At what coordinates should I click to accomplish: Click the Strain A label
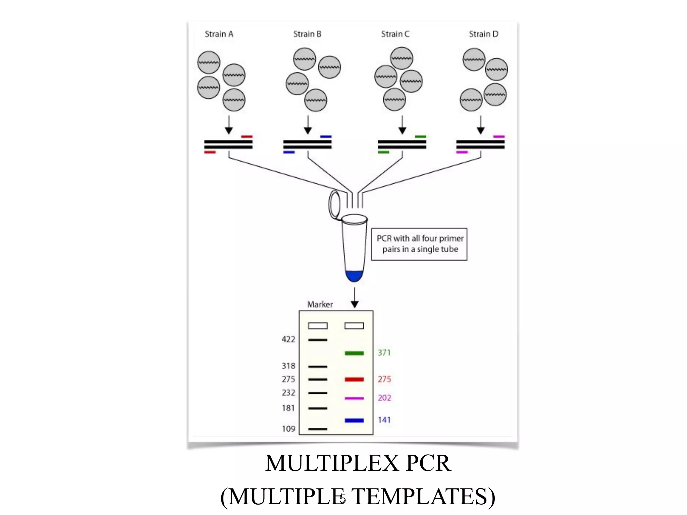coord(219,34)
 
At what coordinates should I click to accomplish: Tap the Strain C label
coord(395,34)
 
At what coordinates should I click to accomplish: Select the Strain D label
coord(483,34)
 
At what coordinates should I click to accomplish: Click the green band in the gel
coord(354,353)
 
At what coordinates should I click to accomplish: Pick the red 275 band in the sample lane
coord(354,380)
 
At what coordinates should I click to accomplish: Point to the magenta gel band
coord(354,398)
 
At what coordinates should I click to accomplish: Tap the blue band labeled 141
coord(354,420)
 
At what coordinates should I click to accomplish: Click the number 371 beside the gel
coord(384,353)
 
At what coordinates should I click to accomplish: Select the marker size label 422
coord(288,340)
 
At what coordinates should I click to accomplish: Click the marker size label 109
coord(288,429)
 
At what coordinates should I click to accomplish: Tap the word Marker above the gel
coord(320,304)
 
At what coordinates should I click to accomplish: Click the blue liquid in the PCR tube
coord(354,276)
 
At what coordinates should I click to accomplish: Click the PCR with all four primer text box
coord(419,244)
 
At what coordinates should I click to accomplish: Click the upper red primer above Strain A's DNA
coord(247,136)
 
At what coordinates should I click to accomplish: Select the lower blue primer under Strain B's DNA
coord(289,153)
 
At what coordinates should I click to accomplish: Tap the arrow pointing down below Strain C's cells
coord(402,125)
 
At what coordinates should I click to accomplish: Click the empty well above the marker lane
coord(317,326)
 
